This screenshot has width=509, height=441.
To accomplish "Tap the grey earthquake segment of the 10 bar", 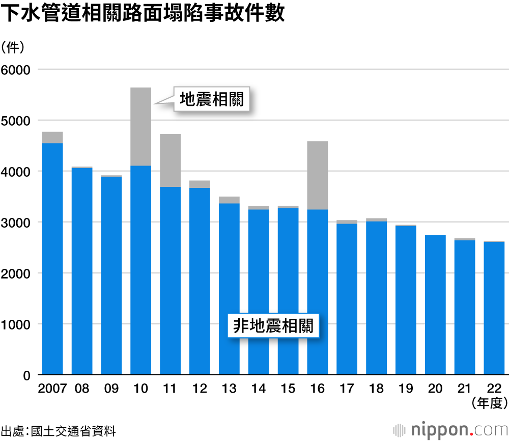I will coord(141,126).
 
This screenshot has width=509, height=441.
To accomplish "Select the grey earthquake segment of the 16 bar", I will coord(318,175).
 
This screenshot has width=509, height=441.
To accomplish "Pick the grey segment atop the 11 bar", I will coord(171,160).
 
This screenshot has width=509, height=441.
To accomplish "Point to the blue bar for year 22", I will coord(494,308).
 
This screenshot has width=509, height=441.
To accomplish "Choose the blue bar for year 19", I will coord(406,300).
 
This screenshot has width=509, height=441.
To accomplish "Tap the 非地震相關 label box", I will coord(272,326).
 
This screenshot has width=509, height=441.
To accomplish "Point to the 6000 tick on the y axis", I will coord(16,70).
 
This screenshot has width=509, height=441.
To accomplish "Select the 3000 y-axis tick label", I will coord(16,223).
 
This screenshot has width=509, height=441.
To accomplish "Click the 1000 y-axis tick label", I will coord(16,324).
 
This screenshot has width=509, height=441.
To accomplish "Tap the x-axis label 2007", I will coord(52,389).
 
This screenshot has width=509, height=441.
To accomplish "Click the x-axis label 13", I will coord(229,389).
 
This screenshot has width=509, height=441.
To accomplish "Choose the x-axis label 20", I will coord(435,389).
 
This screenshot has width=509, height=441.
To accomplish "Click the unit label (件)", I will coord(17,47).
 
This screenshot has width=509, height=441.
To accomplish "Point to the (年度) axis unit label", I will coord(489,403).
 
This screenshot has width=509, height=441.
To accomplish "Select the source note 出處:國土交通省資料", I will coord(58,431).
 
